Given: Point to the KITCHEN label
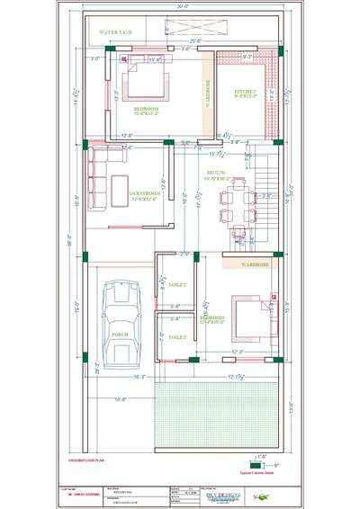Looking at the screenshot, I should (x=246, y=92).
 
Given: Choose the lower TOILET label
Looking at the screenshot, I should (x=178, y=337).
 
